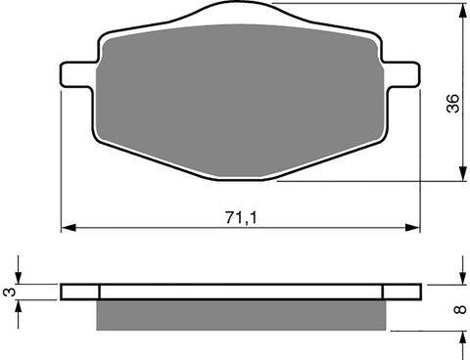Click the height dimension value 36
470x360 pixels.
click(x=452, y=106)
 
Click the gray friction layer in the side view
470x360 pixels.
click(x=240, y=313)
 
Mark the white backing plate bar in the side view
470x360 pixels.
click(x=240, y=292)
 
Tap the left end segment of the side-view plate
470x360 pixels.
click(x=80, y=292)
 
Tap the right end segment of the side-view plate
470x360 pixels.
click(x=402, y=292)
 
